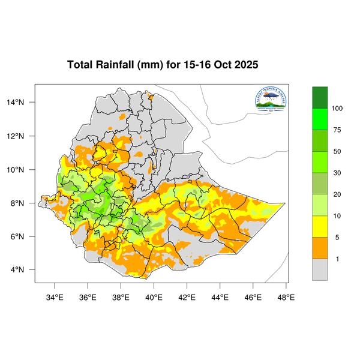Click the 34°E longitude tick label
coord(55,296)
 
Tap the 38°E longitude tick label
coord(121,296)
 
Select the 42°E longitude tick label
coord(187,296)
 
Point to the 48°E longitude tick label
coord(286,296)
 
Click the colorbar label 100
coord(338,109)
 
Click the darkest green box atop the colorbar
coord(320,97)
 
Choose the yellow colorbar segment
coord(320,226)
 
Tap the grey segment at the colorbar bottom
coord(320,269)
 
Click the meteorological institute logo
coord(271,100)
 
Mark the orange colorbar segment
coord(320,248)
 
